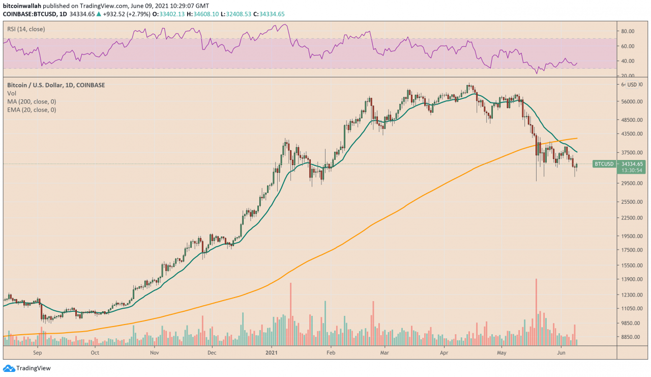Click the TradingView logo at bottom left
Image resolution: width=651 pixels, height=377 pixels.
(26, 368)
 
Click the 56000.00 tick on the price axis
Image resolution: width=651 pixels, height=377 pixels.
(632, 101)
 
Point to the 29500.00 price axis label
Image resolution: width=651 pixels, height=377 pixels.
(632, 183)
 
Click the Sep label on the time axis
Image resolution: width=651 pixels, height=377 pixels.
(38, 352)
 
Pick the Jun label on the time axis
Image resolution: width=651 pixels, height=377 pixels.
(561, 352)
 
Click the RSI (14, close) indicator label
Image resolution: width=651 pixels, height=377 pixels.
(26, 29)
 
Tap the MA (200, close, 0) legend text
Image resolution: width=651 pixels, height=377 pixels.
(32, 101)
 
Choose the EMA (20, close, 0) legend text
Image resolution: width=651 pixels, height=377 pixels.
(32, 110)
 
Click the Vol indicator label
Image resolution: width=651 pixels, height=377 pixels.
(11, 93)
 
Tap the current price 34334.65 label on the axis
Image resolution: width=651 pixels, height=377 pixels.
(633, 164)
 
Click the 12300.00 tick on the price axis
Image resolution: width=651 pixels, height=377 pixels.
(632, 295)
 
